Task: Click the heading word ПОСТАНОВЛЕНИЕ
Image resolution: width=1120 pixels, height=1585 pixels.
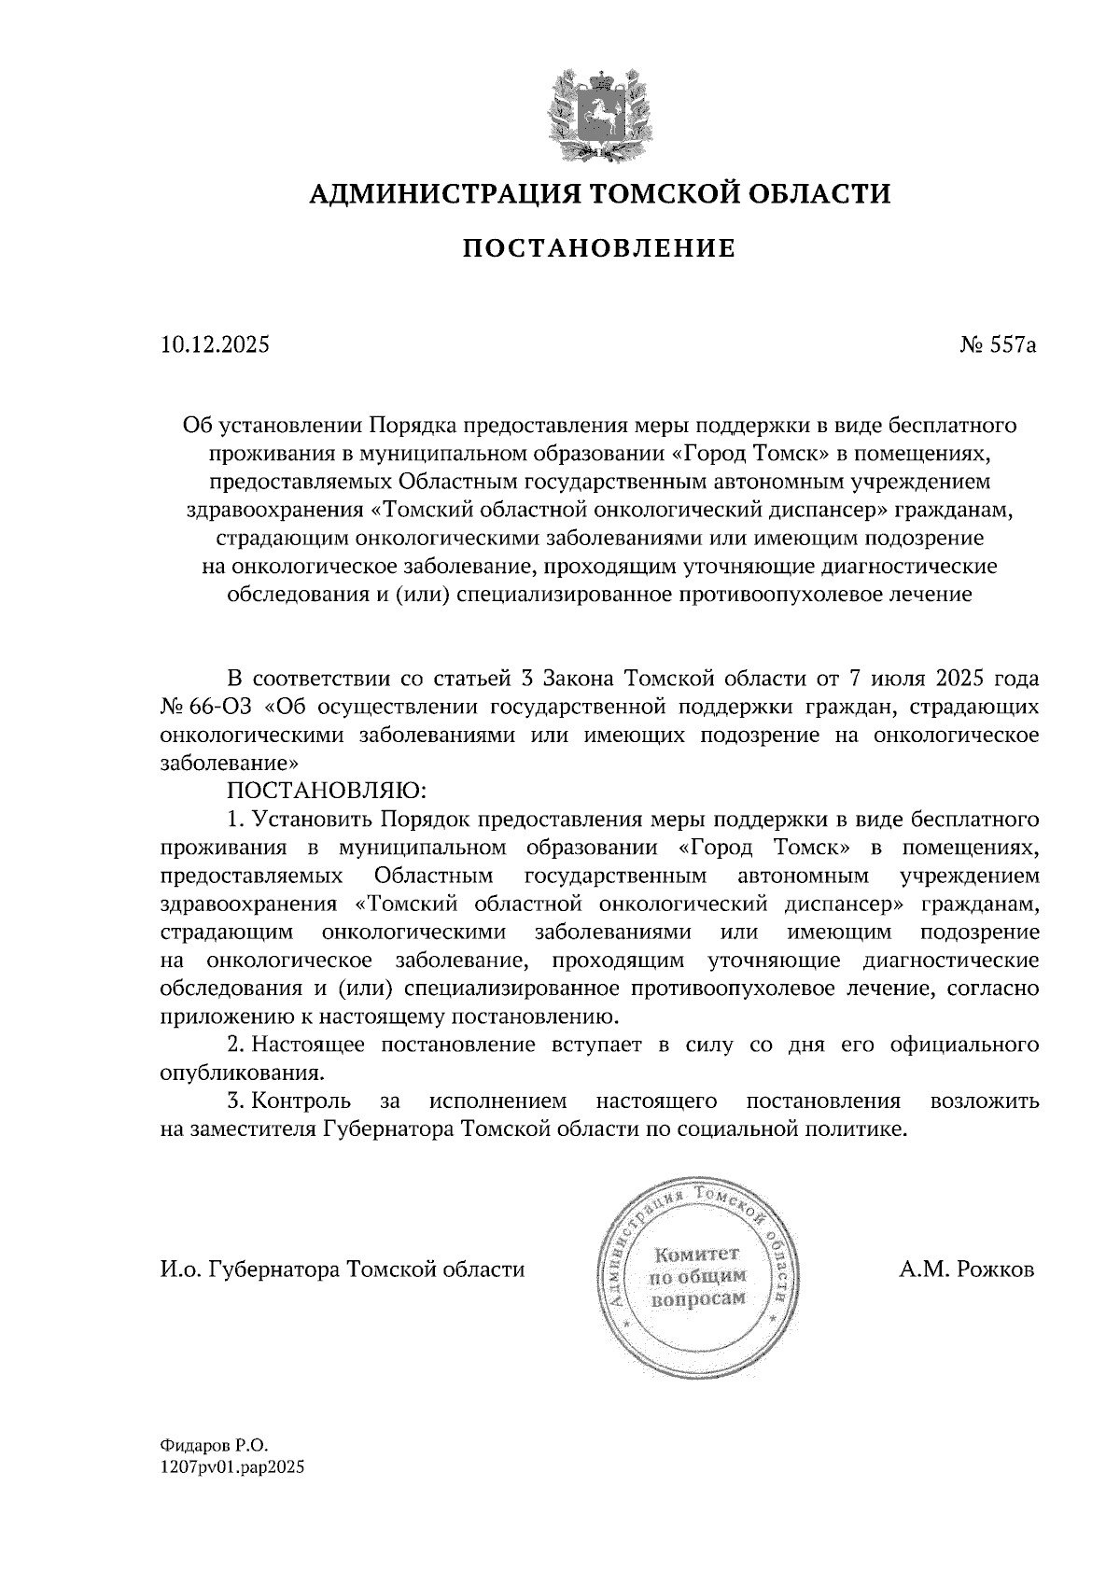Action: (x=599, y=248)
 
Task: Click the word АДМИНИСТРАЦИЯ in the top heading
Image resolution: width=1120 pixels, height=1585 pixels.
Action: (x=434, y=194)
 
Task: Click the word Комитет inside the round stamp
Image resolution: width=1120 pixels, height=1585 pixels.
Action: (x=696, y=1254)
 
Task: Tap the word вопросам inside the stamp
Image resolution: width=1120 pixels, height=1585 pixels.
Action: (x=699, y=1298)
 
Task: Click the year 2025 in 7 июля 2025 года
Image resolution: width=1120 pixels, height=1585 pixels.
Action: (x=951, y=678)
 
